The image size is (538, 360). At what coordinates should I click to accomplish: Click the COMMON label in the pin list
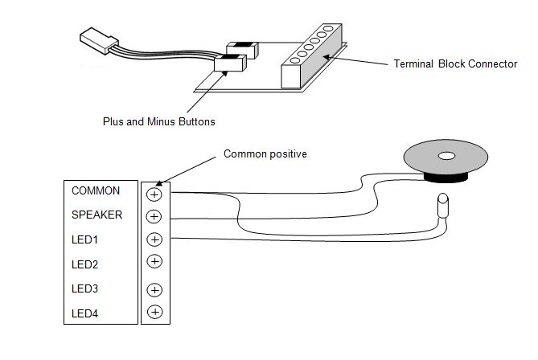[96, 191]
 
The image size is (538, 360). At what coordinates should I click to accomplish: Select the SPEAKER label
[97, 215]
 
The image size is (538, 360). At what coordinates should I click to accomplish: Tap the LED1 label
[84, 239]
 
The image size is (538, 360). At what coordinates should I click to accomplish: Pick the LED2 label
[84, 264]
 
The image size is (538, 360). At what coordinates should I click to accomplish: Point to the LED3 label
[84, 288]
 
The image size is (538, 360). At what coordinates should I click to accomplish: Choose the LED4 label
[84, 312]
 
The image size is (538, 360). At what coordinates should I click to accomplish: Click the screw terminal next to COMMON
[155, 193]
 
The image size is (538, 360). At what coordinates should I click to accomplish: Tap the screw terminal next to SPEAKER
[155, 216]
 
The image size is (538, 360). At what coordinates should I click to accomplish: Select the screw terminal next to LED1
[155, 239]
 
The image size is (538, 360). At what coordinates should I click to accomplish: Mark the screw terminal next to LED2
[155, 261]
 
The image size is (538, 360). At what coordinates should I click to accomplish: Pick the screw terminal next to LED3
[155, 289]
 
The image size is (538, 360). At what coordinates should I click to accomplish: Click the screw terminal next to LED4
[155, 312]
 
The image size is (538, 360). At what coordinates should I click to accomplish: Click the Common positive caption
[265, 153]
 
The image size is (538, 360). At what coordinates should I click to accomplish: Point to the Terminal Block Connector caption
[455, 63]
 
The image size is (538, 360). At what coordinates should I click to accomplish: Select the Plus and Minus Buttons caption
[158, 121]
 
